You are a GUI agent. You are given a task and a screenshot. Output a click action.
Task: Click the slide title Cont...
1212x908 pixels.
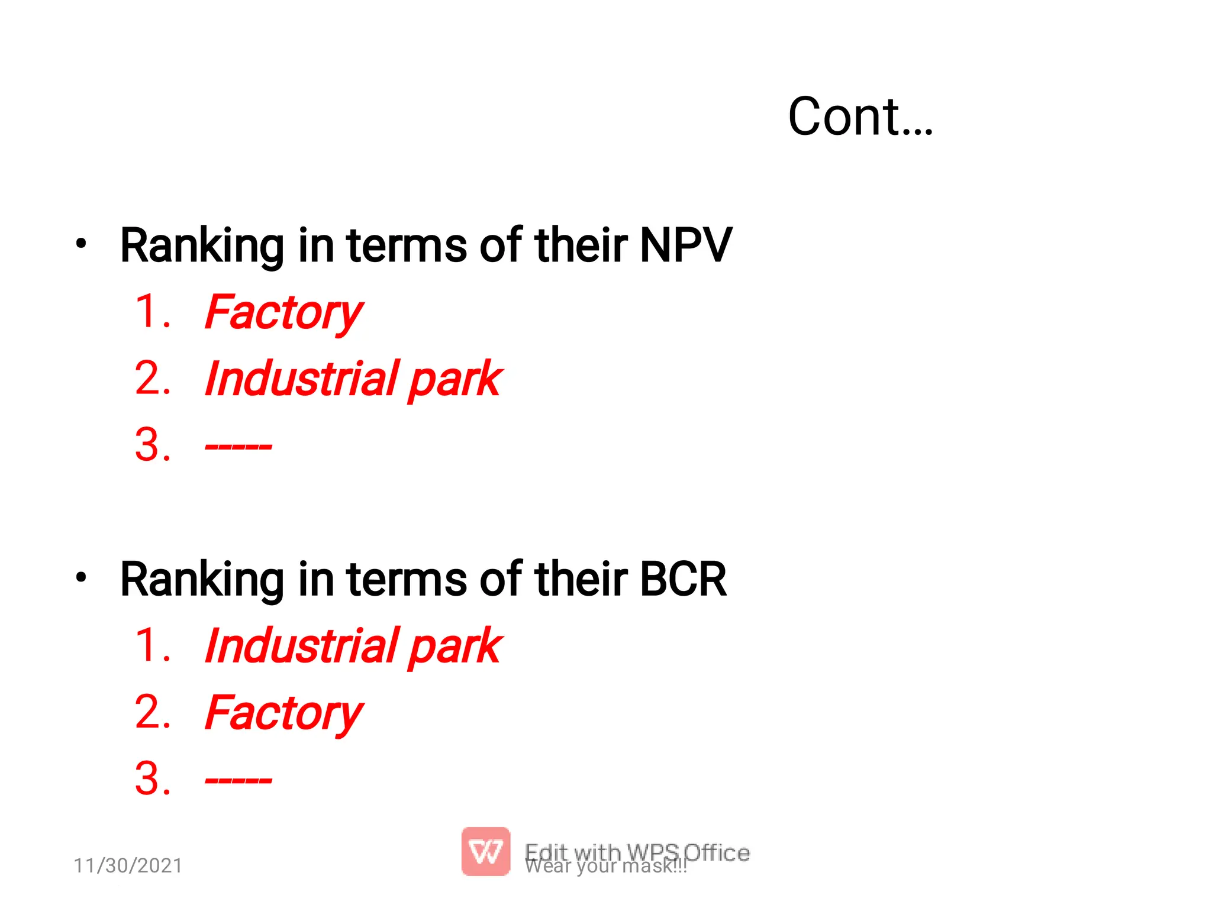tap(860, 117)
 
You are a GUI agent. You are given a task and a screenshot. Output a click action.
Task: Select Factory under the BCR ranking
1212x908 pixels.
tap(283, 712)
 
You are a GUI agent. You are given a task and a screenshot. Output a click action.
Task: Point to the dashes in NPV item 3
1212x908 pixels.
tap(238, 446)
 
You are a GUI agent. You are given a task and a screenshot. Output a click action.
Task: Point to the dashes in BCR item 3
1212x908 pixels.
tap(238, 780)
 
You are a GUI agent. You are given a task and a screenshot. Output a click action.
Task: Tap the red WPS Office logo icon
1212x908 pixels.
tap(485, 851)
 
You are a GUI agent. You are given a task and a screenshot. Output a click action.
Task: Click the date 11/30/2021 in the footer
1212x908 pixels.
tap(128, 865)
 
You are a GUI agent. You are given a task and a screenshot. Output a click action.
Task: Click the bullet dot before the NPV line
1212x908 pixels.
tap(82, 243)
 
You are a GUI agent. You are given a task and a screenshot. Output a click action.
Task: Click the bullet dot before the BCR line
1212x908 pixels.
tap(82, 577)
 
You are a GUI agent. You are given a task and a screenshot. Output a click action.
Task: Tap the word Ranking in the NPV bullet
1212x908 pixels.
tap(202, 246)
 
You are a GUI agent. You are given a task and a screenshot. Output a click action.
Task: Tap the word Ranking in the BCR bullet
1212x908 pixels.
tap(202, 580)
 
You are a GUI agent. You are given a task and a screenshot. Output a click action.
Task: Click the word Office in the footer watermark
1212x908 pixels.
tap(717, 852)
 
